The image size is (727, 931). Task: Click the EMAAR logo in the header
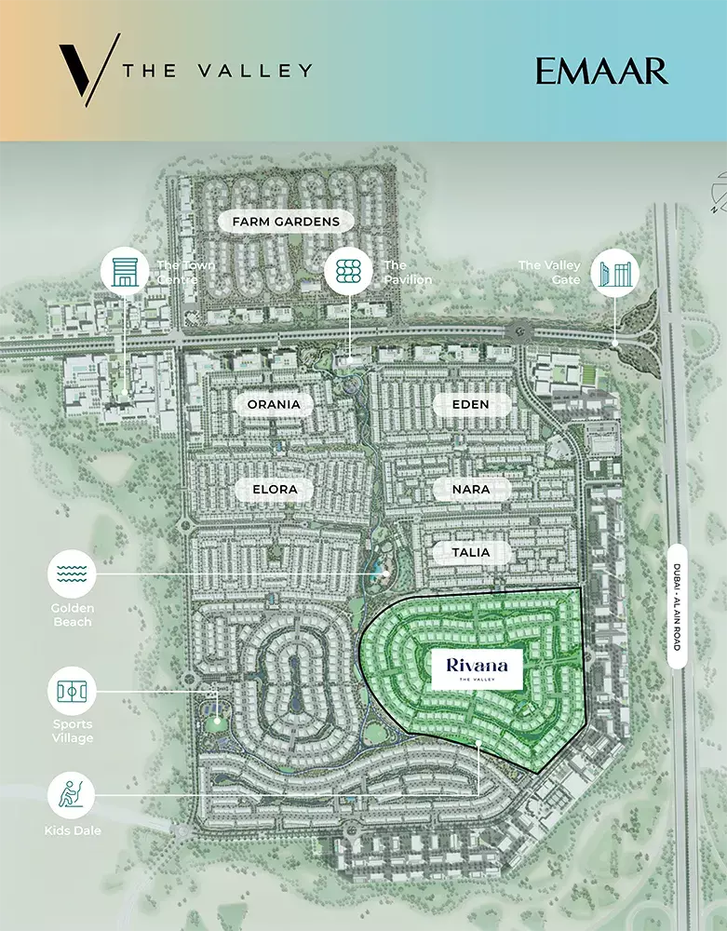(601, 71)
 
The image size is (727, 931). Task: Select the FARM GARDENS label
(279, 222)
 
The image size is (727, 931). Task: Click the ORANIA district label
(274, 404)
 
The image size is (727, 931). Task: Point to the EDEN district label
(471, 404)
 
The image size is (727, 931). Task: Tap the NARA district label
(471, 488)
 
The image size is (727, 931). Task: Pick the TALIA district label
(471, 552)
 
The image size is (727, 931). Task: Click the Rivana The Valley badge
(477, 668)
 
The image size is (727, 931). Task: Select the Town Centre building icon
(125, 272)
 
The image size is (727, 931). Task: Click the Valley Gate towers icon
(615, 272)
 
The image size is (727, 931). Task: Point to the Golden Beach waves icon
(72, 573)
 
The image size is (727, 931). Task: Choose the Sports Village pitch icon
(72, 692)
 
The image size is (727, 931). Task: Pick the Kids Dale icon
(72, 795)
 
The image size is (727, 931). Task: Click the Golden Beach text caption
(73, 614)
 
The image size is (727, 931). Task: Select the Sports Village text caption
(73, 732)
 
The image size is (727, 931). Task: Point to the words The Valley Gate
(549, 272)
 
